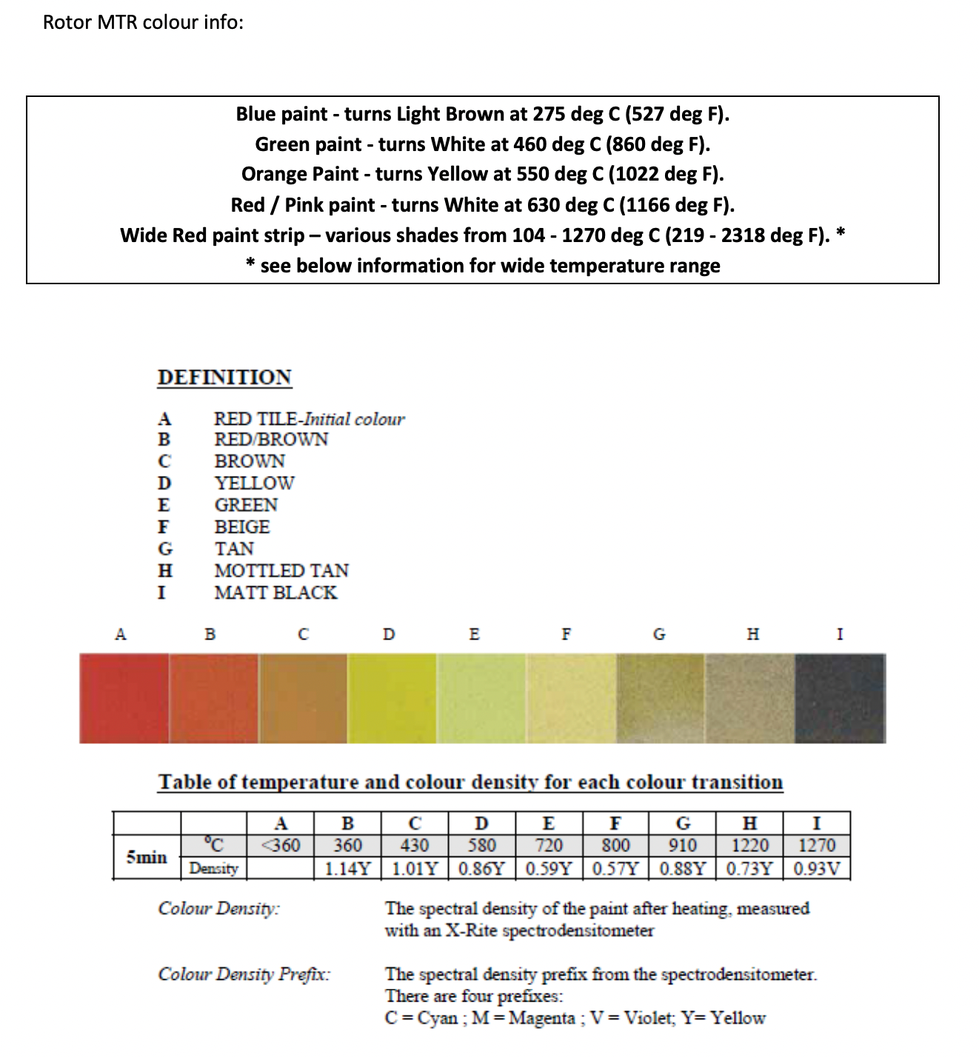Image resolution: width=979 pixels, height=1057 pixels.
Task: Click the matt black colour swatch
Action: click(x=840, y=698)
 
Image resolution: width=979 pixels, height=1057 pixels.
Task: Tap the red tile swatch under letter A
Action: click(x=124, y=698)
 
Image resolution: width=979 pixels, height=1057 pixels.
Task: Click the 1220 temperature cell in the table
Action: click(x=749, y=845)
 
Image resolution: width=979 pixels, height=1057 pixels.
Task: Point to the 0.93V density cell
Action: click(x=817, y=868)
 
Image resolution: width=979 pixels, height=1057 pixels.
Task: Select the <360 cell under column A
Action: click(x=280, y=845)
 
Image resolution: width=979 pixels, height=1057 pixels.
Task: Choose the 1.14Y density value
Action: click(x=347, y=868)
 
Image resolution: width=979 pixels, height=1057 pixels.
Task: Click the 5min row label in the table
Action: click(x=147, y=856)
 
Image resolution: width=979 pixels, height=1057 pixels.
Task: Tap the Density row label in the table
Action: click(x=213, y=868)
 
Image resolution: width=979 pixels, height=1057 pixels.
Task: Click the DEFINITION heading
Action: click(x=224, y=377)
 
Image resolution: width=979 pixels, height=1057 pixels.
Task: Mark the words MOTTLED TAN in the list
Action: click(x=281, y=571)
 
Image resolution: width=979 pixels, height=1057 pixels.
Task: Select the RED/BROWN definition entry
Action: click(x=271, y=440)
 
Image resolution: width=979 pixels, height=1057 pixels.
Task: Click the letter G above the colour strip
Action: click(x=659, y=634)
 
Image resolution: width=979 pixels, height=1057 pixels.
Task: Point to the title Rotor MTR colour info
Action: click(x=143, y=22)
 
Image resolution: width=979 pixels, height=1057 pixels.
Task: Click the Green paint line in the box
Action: click(x=482, y=144)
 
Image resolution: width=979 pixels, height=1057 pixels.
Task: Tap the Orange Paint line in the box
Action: click(x=482, y=174)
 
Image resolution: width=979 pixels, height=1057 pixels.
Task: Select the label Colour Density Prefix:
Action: click(x=244, y=973)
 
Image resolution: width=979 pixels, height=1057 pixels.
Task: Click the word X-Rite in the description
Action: click(x=471, y=930)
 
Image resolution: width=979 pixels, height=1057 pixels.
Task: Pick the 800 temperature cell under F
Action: click(x=615, y=845)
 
